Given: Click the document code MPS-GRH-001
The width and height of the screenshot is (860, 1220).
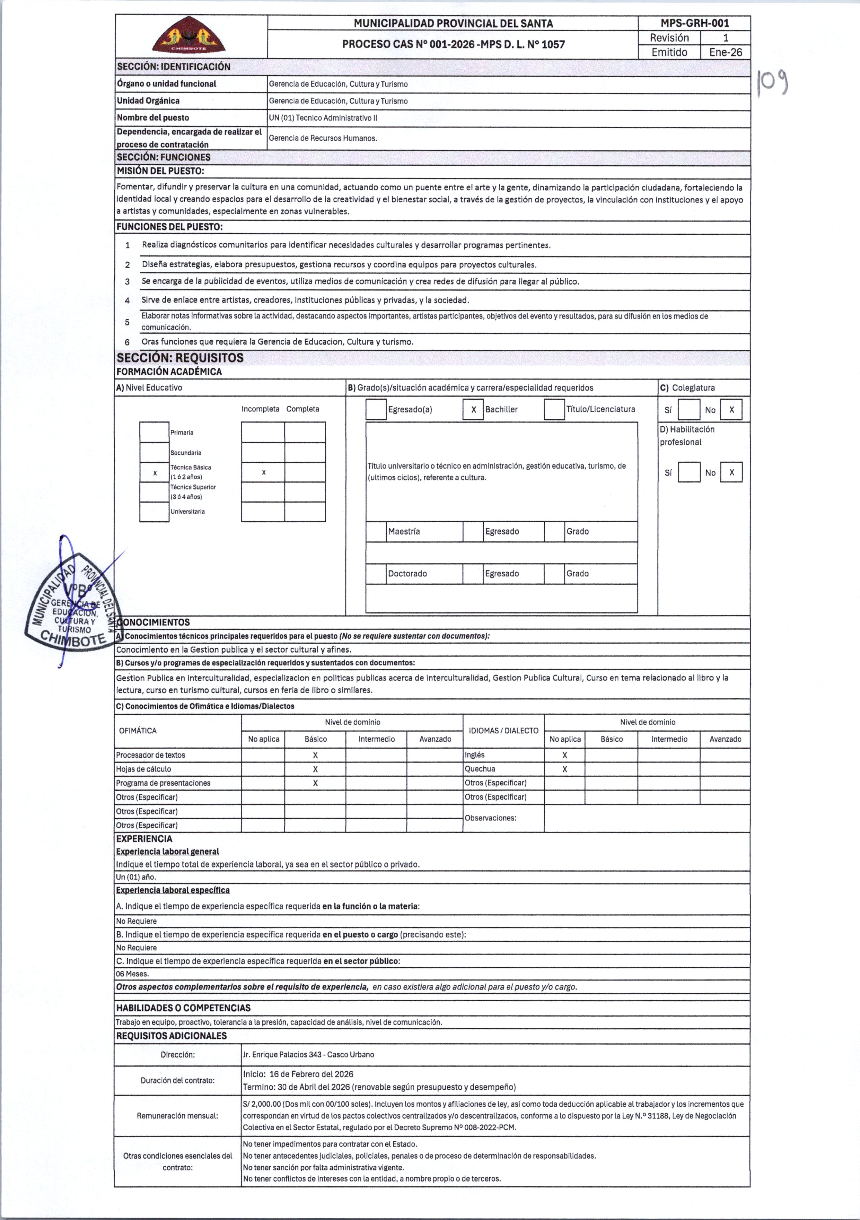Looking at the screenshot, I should pos(694,23).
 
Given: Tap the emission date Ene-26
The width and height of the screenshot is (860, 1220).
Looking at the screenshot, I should pos(725,52).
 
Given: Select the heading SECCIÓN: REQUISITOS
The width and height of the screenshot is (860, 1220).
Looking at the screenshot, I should pos(180,358).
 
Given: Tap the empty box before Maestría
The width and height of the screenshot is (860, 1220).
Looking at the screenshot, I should pos(376,531).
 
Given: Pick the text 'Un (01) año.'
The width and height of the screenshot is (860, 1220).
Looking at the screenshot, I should pos(136,877).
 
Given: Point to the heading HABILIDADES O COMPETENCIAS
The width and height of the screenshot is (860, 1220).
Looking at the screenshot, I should pos(183,1008).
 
